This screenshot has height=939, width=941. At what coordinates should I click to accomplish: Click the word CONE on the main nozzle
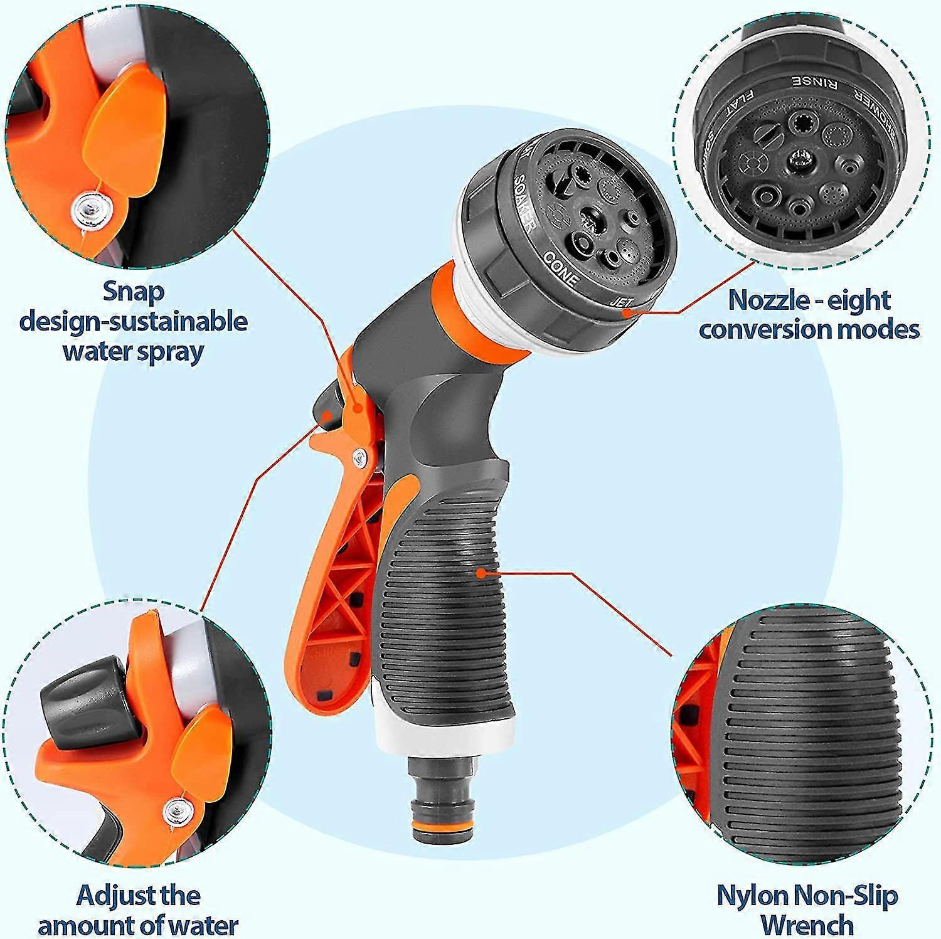pos(560,268)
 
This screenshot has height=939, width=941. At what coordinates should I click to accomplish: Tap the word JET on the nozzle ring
pos(622,301)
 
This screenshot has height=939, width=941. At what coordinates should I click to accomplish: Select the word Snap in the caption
pos(134,292)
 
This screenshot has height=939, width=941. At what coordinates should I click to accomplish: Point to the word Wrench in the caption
pos(807,924)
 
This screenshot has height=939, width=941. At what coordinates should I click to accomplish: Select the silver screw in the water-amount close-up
pos(176,812)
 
